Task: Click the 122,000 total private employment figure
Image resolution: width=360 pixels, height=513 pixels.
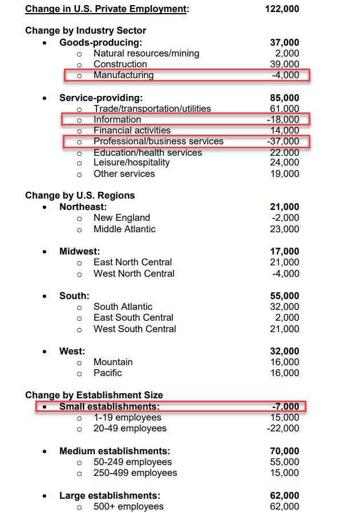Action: click(x=282, y=9)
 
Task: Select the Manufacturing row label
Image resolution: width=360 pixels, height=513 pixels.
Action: click(x=123, y=75)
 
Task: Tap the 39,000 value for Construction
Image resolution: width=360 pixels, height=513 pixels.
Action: click(x=284, y=64)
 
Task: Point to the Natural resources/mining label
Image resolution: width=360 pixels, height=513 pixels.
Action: click(x=146, y=53)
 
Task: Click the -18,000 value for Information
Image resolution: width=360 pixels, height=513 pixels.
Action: click(x=282, y=119)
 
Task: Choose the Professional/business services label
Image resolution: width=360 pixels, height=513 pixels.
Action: click(x=158, y=141)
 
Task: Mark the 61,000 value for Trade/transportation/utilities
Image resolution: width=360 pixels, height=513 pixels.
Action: click(x=284, y=108)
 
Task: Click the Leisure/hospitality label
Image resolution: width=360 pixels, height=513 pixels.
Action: click(x=131, y=163)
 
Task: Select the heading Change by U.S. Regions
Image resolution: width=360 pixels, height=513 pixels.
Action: click(x=80, y=195)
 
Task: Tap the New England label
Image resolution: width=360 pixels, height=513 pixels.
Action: click(x=122, y=217)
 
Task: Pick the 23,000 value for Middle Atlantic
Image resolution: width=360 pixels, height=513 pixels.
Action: click(x=284, y=229)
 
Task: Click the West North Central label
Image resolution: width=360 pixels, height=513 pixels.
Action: click(x=134, y=273)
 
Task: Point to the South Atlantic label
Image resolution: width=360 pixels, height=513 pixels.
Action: click(x=123, y=306)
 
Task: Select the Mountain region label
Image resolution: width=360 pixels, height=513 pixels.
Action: click(x=113, y=362)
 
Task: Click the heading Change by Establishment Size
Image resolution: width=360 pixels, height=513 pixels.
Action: click(x=94, y=395)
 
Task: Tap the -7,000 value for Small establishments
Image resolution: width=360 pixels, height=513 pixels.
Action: click(x=285, y=406)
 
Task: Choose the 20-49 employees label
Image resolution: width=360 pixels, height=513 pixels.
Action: click(x=130, y=428)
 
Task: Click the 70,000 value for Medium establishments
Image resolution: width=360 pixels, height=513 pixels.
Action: click(x=284, y=451)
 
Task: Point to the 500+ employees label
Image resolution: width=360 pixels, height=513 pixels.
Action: click(x=128, y=506)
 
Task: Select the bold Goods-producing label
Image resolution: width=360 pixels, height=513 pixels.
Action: click(x=100, y=42)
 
